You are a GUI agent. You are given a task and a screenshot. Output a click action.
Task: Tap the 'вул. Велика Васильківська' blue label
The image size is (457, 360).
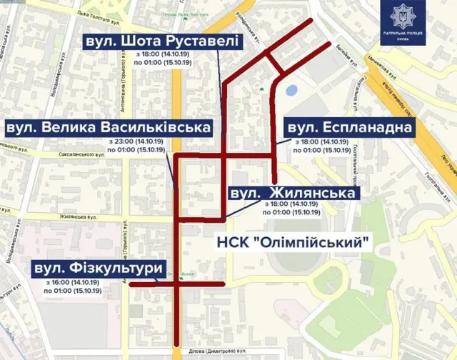click(x=108, y=127)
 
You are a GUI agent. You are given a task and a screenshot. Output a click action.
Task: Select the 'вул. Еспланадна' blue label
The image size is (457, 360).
click(x=349, y=128)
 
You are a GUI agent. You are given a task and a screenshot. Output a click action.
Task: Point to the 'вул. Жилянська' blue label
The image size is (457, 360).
click(x=292, y=194)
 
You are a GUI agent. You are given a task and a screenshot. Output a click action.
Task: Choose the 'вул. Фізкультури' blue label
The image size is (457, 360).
click(x=99, y=268)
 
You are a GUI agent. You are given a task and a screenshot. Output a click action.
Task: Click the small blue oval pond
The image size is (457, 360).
click(x=292, y=90)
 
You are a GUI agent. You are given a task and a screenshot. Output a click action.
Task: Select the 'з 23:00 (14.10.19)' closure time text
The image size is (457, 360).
click(x=136, y=141)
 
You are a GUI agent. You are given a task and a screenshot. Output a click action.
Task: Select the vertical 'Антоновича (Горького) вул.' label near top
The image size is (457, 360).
click(x=132, y=86)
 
